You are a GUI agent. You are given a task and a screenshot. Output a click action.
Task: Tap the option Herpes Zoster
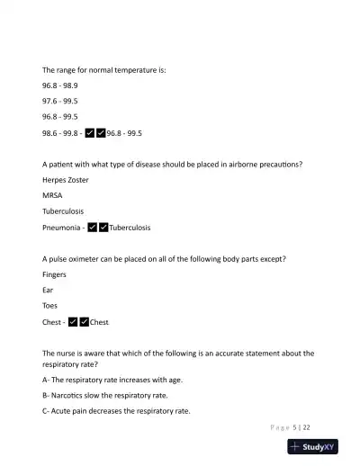pos(66,179)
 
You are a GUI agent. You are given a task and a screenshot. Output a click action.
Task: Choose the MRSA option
pos(52,195)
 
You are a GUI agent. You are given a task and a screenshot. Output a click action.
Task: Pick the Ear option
pos(48,290)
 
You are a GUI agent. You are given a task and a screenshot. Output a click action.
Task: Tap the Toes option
pos(50,306)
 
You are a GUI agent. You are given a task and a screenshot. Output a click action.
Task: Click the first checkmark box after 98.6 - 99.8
pos(90,133)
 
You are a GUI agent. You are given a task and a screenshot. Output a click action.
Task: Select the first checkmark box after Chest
pos(73,322)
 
